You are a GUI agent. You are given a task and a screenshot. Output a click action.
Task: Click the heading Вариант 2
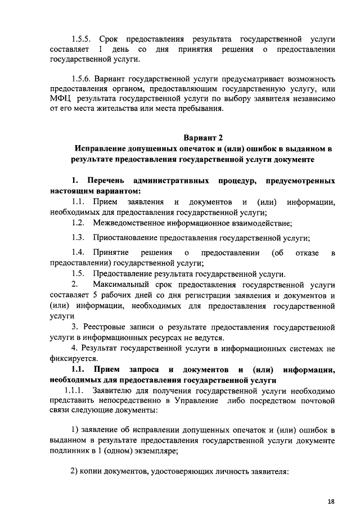204,138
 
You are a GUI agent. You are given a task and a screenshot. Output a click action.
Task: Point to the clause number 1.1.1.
74,390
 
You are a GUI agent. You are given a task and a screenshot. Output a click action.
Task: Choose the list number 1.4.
78,253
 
